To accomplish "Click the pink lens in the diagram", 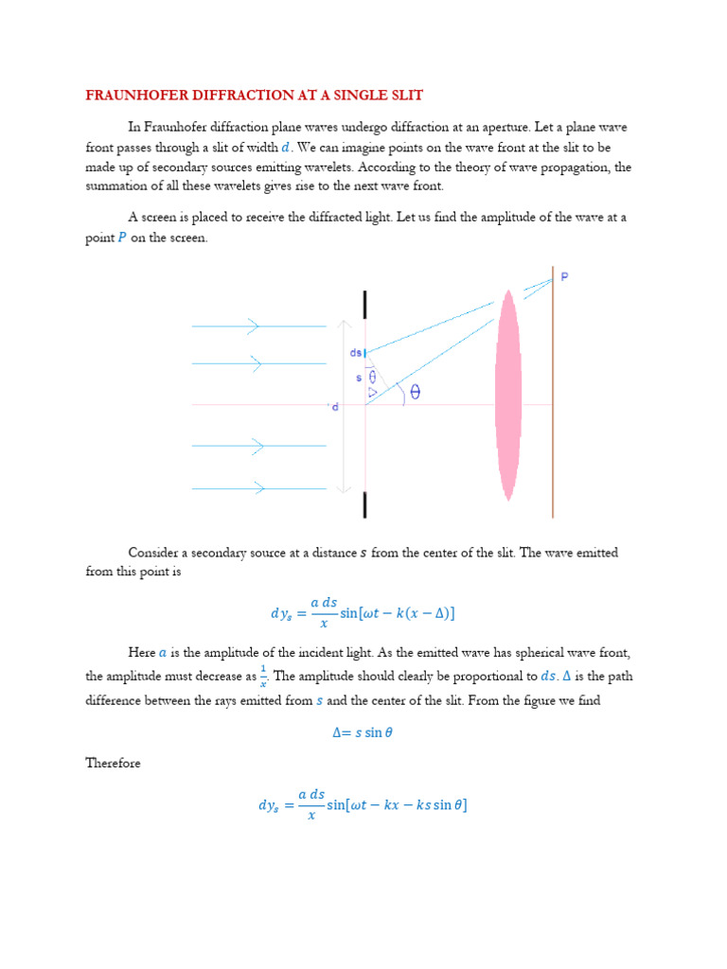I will [x=509, y=396].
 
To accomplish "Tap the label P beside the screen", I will [x=565, y=276].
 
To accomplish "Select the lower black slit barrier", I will [x=365, y=503].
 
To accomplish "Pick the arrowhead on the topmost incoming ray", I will [x=253, y=326].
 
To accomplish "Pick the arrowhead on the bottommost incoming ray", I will [x=257, y=488].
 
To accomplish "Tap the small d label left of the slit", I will [x=334, y=407].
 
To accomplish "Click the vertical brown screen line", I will [x=554, y=397].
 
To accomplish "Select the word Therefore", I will [x=113, y=763].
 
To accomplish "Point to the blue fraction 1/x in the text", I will [x=263, y=676].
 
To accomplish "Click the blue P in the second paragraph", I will [x=121, y=238].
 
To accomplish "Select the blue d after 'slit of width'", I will [x=286, y=147].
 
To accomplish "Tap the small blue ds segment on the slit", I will [x=365, y=354].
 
